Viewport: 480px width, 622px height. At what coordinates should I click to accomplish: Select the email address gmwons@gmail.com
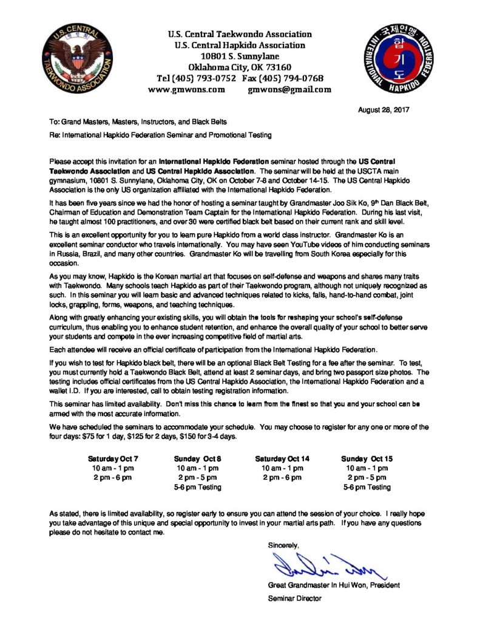pos(289,89)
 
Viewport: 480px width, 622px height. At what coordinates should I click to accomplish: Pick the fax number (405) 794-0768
pos(292,78)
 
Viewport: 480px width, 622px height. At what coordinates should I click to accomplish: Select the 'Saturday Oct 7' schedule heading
pos(113,459)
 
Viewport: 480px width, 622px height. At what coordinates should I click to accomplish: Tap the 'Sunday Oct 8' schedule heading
pos(197,459)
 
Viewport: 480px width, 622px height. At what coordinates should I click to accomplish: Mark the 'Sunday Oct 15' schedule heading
pos(367,459)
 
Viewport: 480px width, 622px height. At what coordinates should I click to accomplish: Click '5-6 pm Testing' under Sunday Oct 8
pos(197,487)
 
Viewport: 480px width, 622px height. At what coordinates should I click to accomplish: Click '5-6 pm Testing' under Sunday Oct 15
pos(367,487)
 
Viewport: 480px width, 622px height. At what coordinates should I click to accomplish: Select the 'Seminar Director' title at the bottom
pos(294,598)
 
